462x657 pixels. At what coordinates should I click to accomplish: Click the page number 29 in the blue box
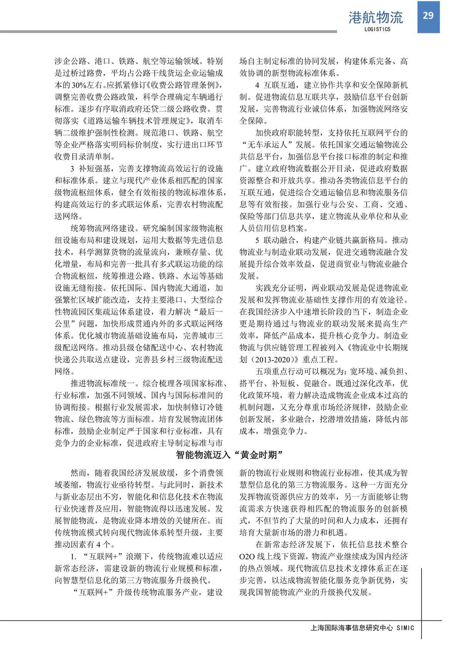coord(428,16)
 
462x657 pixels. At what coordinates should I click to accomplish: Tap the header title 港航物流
coord(375,17)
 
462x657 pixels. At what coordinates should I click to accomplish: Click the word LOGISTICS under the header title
coord(377,29)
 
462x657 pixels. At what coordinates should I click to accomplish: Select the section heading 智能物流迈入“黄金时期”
coord(230,455)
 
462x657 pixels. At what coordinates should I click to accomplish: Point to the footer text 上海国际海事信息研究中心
coord(352,628)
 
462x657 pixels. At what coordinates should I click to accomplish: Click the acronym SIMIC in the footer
coord(405,628)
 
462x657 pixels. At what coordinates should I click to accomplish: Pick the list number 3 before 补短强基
coord(72,169)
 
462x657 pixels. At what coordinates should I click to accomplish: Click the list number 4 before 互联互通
coord(257,85)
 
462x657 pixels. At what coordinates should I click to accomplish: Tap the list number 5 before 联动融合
coord(257,240)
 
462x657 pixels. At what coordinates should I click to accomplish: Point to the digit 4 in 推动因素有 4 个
coord(99,545)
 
